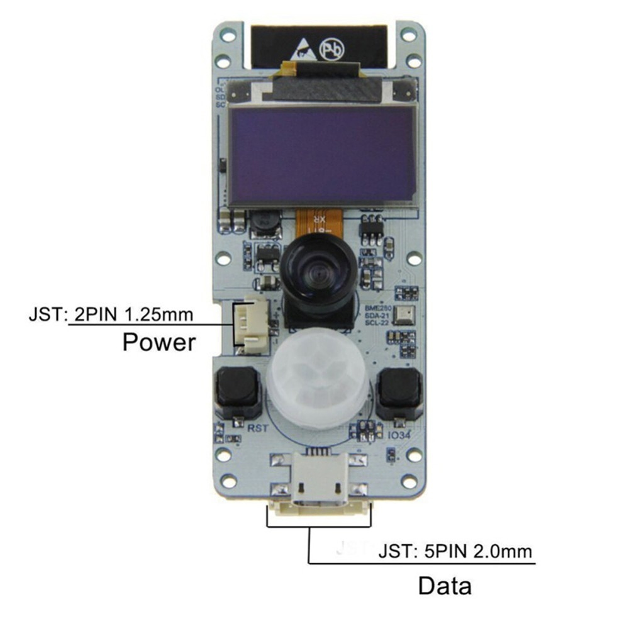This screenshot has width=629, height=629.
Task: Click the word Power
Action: pos(159,343)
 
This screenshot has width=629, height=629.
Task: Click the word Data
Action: pos(445,586)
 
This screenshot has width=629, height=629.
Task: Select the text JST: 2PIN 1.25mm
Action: pos(111,313)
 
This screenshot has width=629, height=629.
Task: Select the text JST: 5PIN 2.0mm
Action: pos(455,552)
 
